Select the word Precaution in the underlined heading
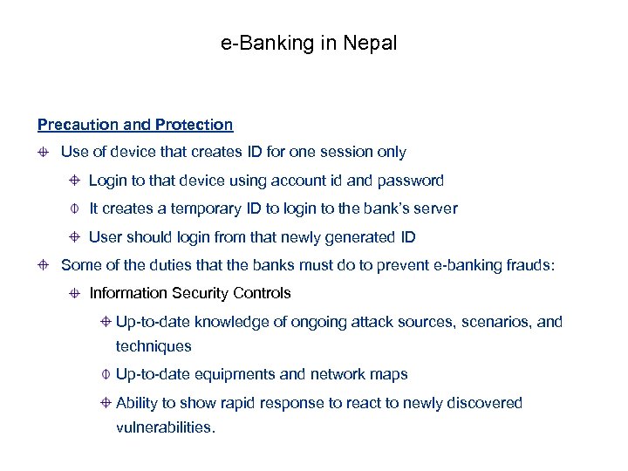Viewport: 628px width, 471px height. coord(76,125)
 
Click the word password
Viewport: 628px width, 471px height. coord(412,181)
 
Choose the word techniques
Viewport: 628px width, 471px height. coord(154,346)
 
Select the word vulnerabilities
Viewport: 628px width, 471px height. coord(165,427)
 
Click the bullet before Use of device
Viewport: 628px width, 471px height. coord(42,153)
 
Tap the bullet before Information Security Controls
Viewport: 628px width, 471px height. coord(76,294)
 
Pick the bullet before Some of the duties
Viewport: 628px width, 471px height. coord(42,265)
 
